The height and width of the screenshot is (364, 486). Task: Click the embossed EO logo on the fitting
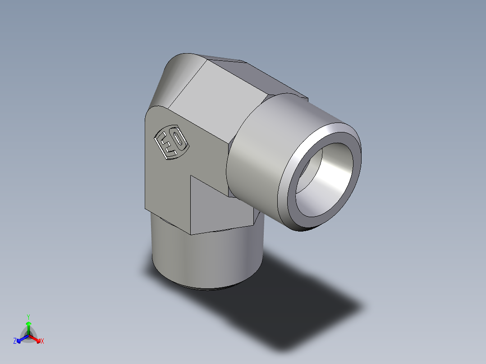pyautogui.click(x=172, y=142)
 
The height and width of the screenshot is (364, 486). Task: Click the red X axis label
pyautogui.click(x=42, y=341)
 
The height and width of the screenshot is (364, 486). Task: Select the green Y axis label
pyautogui.click(x=28, y=316)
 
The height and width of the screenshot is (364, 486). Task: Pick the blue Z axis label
pyautogui.click(x=15, y=341)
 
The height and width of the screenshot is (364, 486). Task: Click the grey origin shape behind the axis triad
pyautogui.click(x=28, y=335)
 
